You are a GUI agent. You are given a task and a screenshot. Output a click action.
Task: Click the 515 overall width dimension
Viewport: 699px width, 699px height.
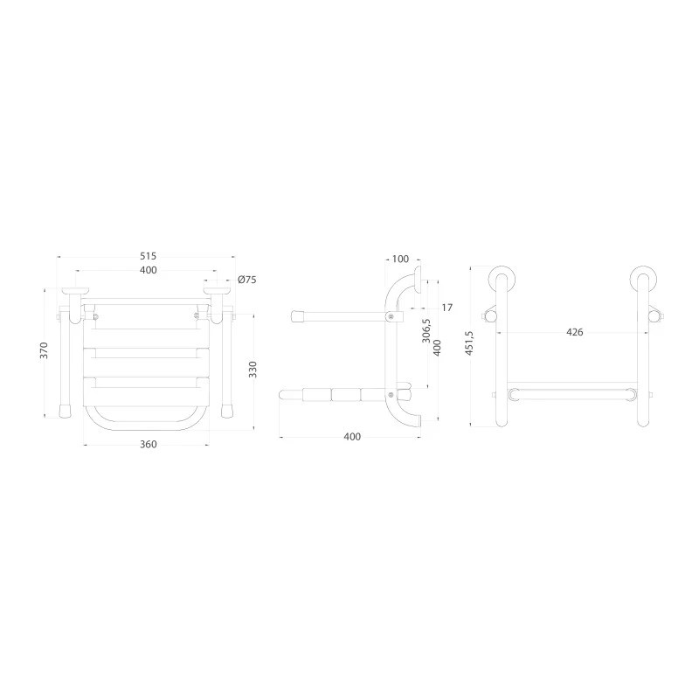[149, 256]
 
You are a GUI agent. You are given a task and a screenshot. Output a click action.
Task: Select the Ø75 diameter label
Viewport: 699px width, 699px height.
[247, 280]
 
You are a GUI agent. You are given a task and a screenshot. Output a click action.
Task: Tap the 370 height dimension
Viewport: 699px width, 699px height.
[44, 350]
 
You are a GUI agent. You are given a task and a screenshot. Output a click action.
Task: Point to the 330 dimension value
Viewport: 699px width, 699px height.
[253, 370]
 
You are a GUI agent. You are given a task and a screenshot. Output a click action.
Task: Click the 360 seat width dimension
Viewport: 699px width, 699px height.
[149, 445]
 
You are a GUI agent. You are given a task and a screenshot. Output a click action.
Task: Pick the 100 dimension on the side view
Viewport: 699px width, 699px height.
[400, 259]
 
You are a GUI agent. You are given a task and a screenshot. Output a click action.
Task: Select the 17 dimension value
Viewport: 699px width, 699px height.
[447, 308]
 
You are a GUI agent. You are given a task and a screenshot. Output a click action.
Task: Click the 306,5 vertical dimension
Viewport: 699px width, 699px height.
[426, 331]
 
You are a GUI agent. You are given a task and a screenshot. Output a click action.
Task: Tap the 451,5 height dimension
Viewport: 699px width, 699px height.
[469, 343]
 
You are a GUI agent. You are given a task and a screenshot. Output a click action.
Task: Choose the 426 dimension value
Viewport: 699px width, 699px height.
[575, 332]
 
